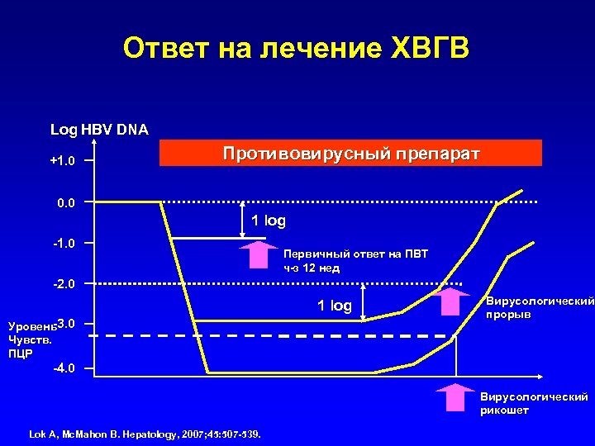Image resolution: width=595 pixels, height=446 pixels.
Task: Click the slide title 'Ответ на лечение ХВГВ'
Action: click(297, 50)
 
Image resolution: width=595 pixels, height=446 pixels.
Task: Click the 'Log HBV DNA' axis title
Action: click(99, 130)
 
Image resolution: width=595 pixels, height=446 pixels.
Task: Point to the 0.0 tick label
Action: click(64, 202)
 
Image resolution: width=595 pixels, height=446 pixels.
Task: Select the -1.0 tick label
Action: click(63, 244)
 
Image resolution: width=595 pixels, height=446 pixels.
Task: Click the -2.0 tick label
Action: click(63, 284)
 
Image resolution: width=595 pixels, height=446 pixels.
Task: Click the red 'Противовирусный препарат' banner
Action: click(350, 154)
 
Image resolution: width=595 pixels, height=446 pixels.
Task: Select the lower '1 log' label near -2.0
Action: click(334, 306)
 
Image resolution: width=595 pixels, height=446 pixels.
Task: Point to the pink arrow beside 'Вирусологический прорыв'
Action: click(450, 301)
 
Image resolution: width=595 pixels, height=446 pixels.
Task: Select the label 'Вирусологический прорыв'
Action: click(540, 309)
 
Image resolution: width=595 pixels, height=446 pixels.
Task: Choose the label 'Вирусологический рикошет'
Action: click(534, 404)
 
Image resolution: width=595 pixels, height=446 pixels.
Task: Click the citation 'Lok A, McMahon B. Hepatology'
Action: click(145, 433)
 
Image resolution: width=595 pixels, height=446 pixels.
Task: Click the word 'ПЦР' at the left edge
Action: click(19, 353)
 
